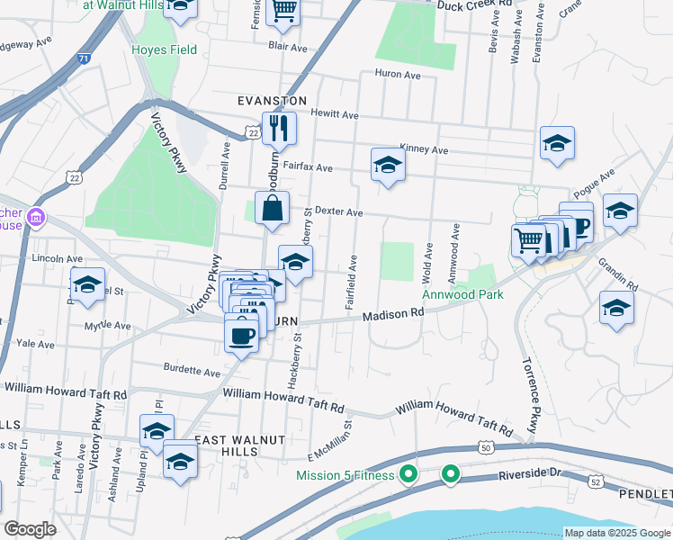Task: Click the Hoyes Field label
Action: coord(164,49)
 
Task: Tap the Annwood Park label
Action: coord(462,294)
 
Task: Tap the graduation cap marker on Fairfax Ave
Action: coord(388,165)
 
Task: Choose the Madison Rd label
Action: coord(392,314)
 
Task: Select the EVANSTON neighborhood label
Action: coord(272,101)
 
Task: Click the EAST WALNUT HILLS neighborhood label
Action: coord(241,439)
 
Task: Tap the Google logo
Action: coord(30,528)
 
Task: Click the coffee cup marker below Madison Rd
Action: coord(240,336)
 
